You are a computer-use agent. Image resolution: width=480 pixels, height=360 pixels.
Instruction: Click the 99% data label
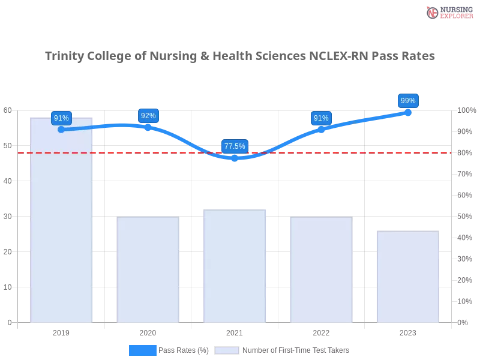pyautogui.click(x=408, y=101)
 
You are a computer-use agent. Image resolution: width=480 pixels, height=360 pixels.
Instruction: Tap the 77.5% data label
pyautogui.click(x=235, y=146)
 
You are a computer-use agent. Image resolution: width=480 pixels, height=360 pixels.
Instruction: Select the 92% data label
pyautogui.click(x=148, y=116)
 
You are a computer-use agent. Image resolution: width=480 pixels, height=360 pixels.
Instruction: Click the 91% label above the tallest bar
pyautogui.click(x=61, y=118)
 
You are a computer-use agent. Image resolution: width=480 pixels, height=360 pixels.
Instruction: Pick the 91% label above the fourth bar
pyautogui.click(x=321, y=118)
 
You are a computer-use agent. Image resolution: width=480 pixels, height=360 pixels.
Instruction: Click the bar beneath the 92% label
pyautogui.click(x=148, y=270)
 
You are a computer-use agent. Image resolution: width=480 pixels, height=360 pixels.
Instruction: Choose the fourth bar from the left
pyautogui.click(x=321, y=270)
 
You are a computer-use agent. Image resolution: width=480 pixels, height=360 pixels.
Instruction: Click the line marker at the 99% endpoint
pyautogui.click(x=408, y=112)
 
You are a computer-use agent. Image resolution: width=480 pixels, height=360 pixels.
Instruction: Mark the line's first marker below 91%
pyautogui.click(x=61, y=129)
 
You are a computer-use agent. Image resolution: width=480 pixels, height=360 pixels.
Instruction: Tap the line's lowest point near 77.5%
pyautogui.click(x=235, y=158)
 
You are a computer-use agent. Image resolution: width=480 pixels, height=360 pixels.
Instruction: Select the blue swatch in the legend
pyautogui.click(x=143, y=350)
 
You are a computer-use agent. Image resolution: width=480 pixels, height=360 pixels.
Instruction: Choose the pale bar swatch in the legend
pyautogui.click(x=227, y=350)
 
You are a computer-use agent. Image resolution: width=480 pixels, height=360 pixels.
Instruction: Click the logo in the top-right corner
pyautogui.click(x=448, y=12)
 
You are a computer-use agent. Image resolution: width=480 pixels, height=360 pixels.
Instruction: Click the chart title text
pyautogui.click(x=239, y=56)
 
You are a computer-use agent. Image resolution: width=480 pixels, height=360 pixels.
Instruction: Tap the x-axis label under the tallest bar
pyautogui.click(x=62, y=331)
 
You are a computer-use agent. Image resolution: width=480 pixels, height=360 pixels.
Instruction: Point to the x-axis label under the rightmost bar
pyautogui.click(x=407, y=331)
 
